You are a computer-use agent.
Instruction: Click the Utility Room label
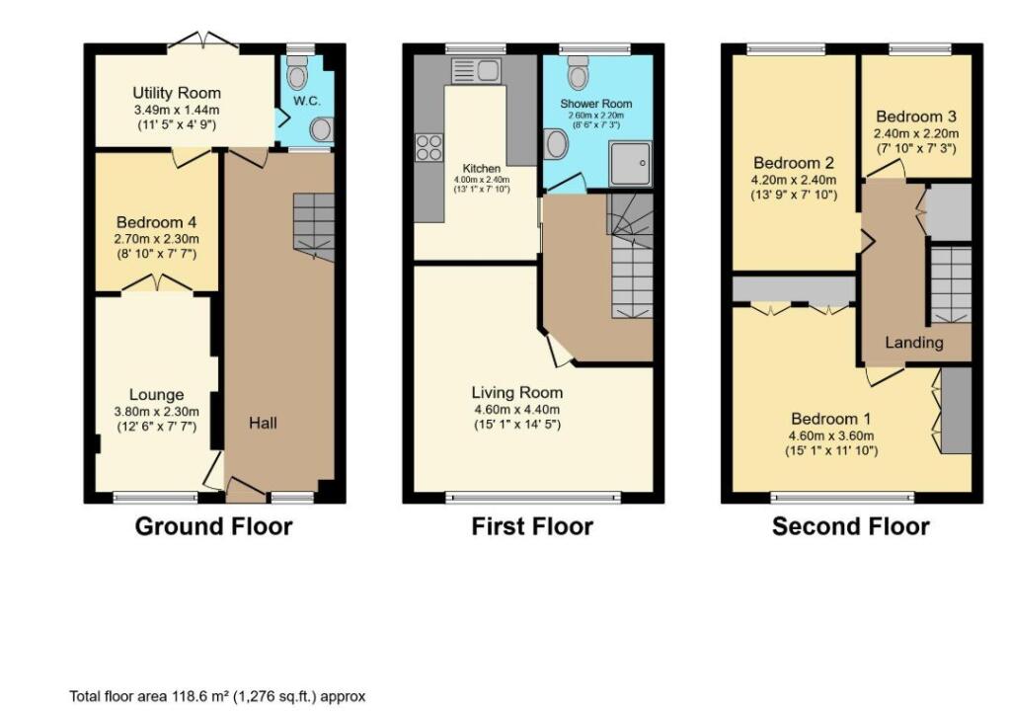pos(174,94)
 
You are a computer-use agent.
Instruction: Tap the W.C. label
pos(307,102)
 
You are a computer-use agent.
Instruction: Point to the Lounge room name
pos(157,395)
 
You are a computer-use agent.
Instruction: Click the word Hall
pos(263,423)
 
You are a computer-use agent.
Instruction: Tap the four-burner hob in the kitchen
pos(428,147)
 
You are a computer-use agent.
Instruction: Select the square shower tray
pos(630,162)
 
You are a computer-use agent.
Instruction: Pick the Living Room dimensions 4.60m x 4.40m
pos(516,410)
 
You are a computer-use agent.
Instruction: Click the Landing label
pos(913,343)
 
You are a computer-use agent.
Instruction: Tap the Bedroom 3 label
pos(914,115)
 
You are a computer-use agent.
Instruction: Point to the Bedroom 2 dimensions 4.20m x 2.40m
pos(795,180)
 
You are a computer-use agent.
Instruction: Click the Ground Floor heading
pos(213,526)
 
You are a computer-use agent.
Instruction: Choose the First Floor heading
pos(532,526)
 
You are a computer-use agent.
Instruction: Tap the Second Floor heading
pos(850,526)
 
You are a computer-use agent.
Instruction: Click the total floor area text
pos(217,696)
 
